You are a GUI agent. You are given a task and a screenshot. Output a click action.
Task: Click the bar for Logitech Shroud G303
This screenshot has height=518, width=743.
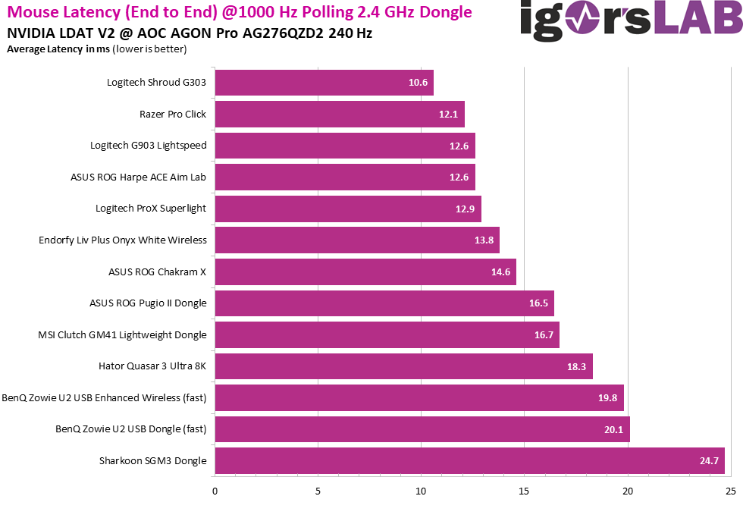point(324,83)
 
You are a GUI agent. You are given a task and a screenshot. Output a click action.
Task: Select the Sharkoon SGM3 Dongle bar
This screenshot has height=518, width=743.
point(470,460)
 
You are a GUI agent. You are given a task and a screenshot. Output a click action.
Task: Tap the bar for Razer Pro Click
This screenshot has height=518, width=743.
point(340,115)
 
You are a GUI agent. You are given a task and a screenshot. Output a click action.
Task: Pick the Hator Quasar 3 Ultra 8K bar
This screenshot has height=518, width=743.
point(404,366)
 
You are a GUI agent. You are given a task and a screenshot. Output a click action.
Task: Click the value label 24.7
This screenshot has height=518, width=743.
point(709,460)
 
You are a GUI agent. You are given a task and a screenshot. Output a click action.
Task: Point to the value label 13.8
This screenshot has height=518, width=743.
point(484,240)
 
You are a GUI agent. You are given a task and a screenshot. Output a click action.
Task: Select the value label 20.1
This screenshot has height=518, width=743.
point(614,429)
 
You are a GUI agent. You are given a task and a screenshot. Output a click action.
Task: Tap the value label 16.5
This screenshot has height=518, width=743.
point(538,303)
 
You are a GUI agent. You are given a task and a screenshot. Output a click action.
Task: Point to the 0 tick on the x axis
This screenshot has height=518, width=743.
point(215,491)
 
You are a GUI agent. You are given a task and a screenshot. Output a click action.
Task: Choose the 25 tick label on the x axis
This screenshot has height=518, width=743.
point(730,491)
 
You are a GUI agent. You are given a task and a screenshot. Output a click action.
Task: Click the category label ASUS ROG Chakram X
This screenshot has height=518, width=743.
point(158,272)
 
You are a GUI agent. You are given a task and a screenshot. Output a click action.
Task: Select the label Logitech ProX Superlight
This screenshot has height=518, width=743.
point(151,209)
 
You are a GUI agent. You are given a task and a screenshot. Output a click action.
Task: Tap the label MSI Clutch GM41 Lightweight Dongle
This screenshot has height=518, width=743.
point(122,334)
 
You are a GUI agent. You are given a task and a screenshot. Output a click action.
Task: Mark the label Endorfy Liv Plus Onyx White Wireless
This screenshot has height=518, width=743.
point(123,240)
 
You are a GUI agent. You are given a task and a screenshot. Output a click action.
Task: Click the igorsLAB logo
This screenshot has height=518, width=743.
point(631,21)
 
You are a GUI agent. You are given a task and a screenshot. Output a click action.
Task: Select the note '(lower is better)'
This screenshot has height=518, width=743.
point(149,49)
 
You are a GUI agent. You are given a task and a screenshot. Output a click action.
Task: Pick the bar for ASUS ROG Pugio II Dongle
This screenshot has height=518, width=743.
point(384,303)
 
